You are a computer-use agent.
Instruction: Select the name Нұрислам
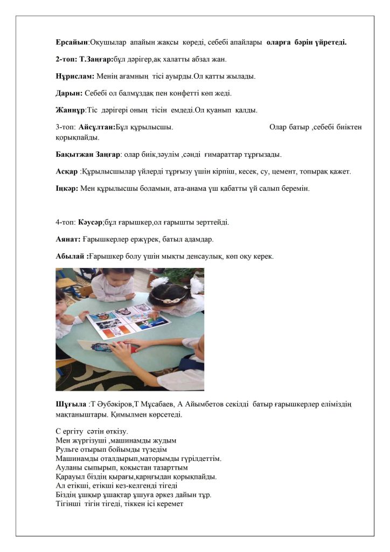75,76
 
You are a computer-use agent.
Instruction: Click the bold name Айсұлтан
96,127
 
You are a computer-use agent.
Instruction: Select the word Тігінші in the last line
69,503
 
